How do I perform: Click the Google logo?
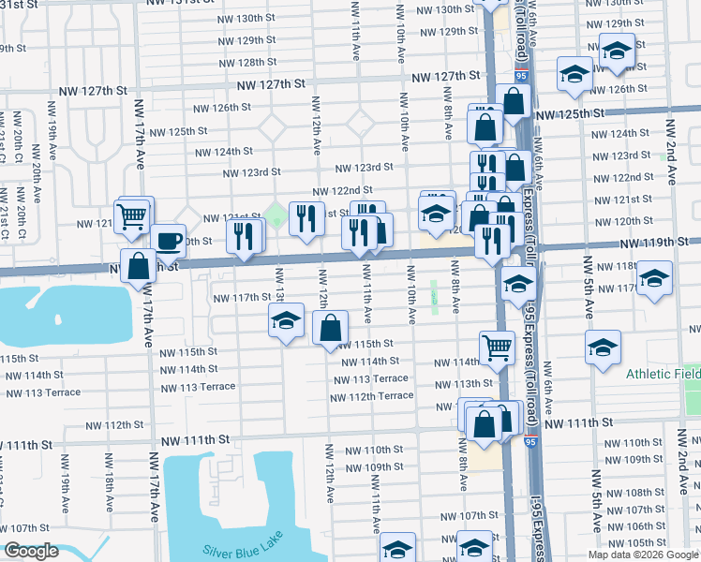pos(31,551)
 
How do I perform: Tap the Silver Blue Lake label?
pos(230,551)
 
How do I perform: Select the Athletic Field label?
pos(663,374)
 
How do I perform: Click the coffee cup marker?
pos(168,242)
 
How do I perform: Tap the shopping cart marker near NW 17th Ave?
pos(134,215)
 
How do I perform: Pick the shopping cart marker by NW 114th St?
pos(498,348)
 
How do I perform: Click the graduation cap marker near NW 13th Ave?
pos(287,320)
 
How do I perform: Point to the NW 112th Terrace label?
pos(371,396)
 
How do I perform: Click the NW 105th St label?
pos(641,543)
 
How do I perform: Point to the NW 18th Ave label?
pos(111,491)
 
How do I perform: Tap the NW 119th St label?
pos(654,243)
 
